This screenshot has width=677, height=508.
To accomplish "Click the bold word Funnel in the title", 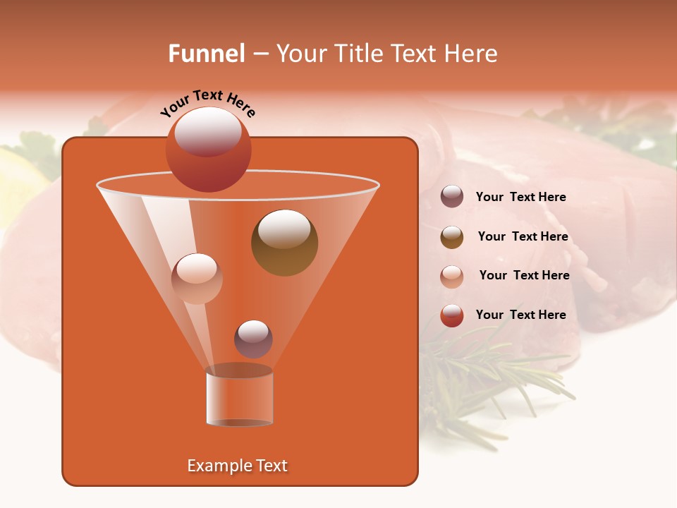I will [x=206, y=54].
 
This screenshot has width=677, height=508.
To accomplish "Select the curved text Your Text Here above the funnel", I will [x=207, y=103].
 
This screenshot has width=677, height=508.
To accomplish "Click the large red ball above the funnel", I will [x=208, y=150].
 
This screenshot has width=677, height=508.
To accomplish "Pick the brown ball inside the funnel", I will [x=284, y=243].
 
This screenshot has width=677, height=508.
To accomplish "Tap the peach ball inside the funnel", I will [x=197, y=279].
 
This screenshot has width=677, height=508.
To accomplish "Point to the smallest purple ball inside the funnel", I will [x=253, y=339].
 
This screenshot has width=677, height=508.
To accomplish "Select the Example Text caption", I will [x=237, y=466].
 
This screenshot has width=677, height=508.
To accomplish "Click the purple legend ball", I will [x=452, y=196].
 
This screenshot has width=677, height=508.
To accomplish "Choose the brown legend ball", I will [x=452, y=237].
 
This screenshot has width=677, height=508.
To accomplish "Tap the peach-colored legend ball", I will [x=452, y=277].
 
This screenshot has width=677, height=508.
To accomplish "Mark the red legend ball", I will [x=452, y=315].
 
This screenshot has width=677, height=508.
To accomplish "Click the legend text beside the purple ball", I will [x=520, y=197].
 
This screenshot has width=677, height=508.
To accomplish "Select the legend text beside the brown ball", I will [x=523, y=236].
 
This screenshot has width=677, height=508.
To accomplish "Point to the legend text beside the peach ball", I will [x=524, y=275].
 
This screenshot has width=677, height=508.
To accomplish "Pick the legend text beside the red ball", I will [x=520, y=315].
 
